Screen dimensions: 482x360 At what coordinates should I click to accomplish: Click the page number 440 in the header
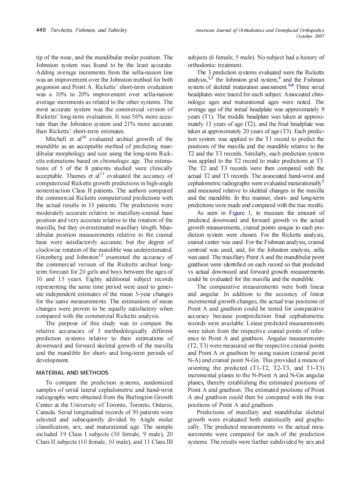click(41, 31)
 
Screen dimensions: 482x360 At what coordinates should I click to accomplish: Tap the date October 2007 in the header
click(310, 37)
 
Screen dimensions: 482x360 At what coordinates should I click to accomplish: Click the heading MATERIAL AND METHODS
click(72, 372)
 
